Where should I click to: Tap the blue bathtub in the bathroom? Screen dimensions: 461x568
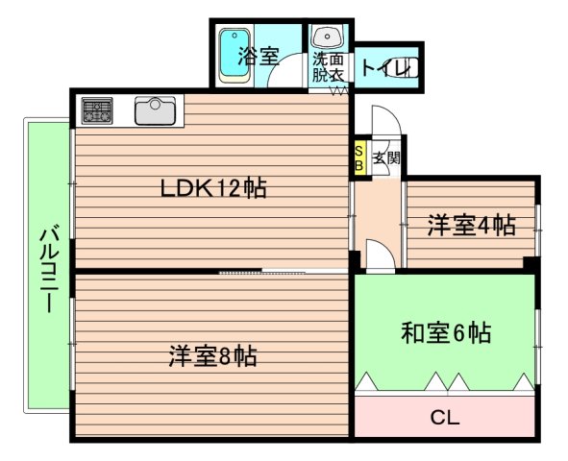pyautogui.click(x=233, y=56)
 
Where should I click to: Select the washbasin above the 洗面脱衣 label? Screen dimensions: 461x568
pyautogui.click(x=327, y=38)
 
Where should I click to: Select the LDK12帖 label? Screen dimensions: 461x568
pyautogui.click(x=212, y=189)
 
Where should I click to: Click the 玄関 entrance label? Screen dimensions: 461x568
pyautogui.click(x=385, y=159)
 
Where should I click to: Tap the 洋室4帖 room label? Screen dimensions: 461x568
pyautogui.click(x=471, y=227)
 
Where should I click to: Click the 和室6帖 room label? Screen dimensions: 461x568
pyautogui.click(x=446, y=333)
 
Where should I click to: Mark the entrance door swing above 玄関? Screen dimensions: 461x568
pyautogui.click(x=382, y=119)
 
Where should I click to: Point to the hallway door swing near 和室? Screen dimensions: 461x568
pyautogui.click(x=377, y=255)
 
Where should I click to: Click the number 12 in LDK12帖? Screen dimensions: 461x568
pyautogui.click(x=231, y=189)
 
